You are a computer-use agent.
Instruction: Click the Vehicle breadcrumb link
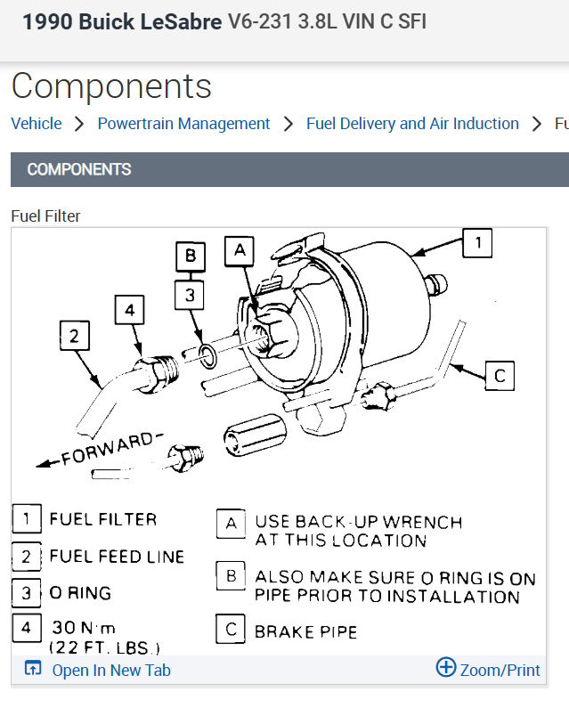(37, 124)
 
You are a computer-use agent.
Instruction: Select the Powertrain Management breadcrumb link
(183, 124)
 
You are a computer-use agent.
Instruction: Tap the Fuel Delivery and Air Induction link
(412, 124)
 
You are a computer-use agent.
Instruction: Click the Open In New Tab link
(110, 671)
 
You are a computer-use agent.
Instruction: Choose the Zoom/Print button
(489, 670)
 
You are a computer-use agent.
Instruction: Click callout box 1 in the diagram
(477, 243)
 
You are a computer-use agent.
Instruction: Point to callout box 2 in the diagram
(75, 336)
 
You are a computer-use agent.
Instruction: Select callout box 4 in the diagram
(130, 311)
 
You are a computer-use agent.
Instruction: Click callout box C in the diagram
(500, 376)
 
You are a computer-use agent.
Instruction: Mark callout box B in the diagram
(190, 257)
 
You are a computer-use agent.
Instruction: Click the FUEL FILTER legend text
(103, 518)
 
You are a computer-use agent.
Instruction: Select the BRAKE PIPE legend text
(305, 631)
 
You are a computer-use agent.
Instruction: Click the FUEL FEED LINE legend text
(117, 557)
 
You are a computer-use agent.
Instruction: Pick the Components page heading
(111, 86)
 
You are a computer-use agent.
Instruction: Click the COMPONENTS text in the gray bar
(79, 169)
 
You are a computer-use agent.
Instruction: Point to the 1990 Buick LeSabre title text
(122, 21)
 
